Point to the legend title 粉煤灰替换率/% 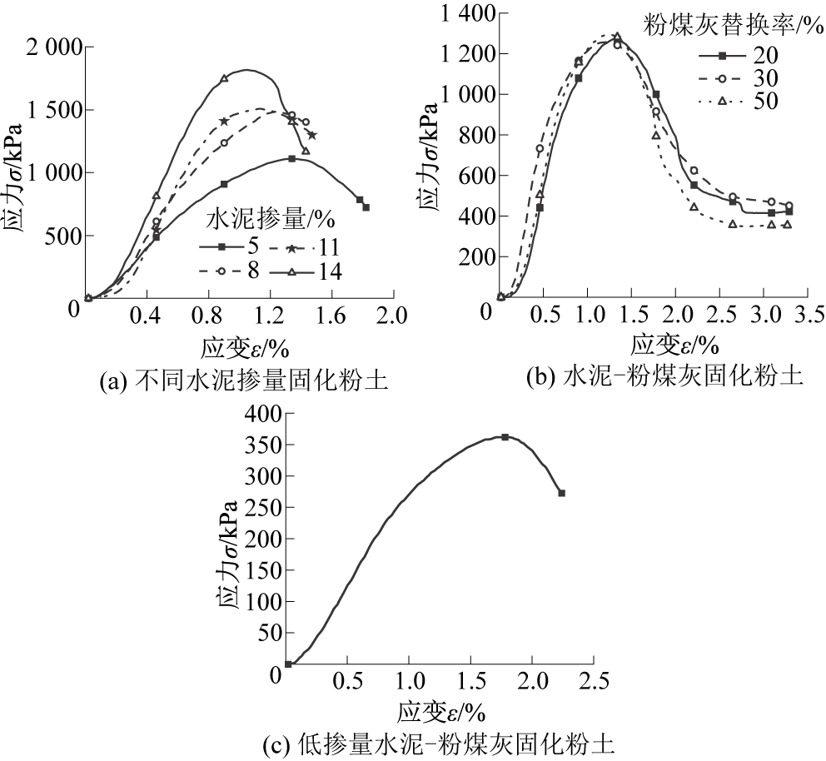[721, 25]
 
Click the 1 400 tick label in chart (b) [466, 13]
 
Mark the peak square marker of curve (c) [505, 437]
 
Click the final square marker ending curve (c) [561, 493]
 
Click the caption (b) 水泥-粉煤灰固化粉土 [665, 376]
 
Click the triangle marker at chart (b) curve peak [617, 37]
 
